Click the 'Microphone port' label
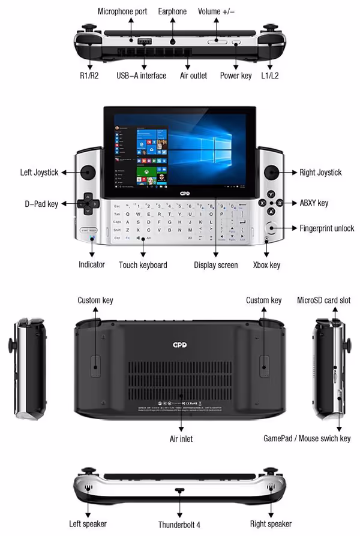pyautogui.click(x=122, y=11)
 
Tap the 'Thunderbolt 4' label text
pyautogui.click(x=181, y=525)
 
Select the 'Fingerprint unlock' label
pyautogui.click(x=327, y=228)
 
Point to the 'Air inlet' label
pyautogui.click(x=181, y=439)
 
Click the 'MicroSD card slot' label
pyautogui.click(x=324, y=300)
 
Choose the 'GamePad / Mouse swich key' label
pyautogui.click(x=307, y=438)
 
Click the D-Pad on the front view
pyautogui.click(x=88, y=203)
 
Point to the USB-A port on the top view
pyautogui.click(x=145, y=42)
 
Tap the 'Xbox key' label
pyautogui.click(x=266, y=264)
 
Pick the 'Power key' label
pyautogui.click(x=236, y=76)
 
